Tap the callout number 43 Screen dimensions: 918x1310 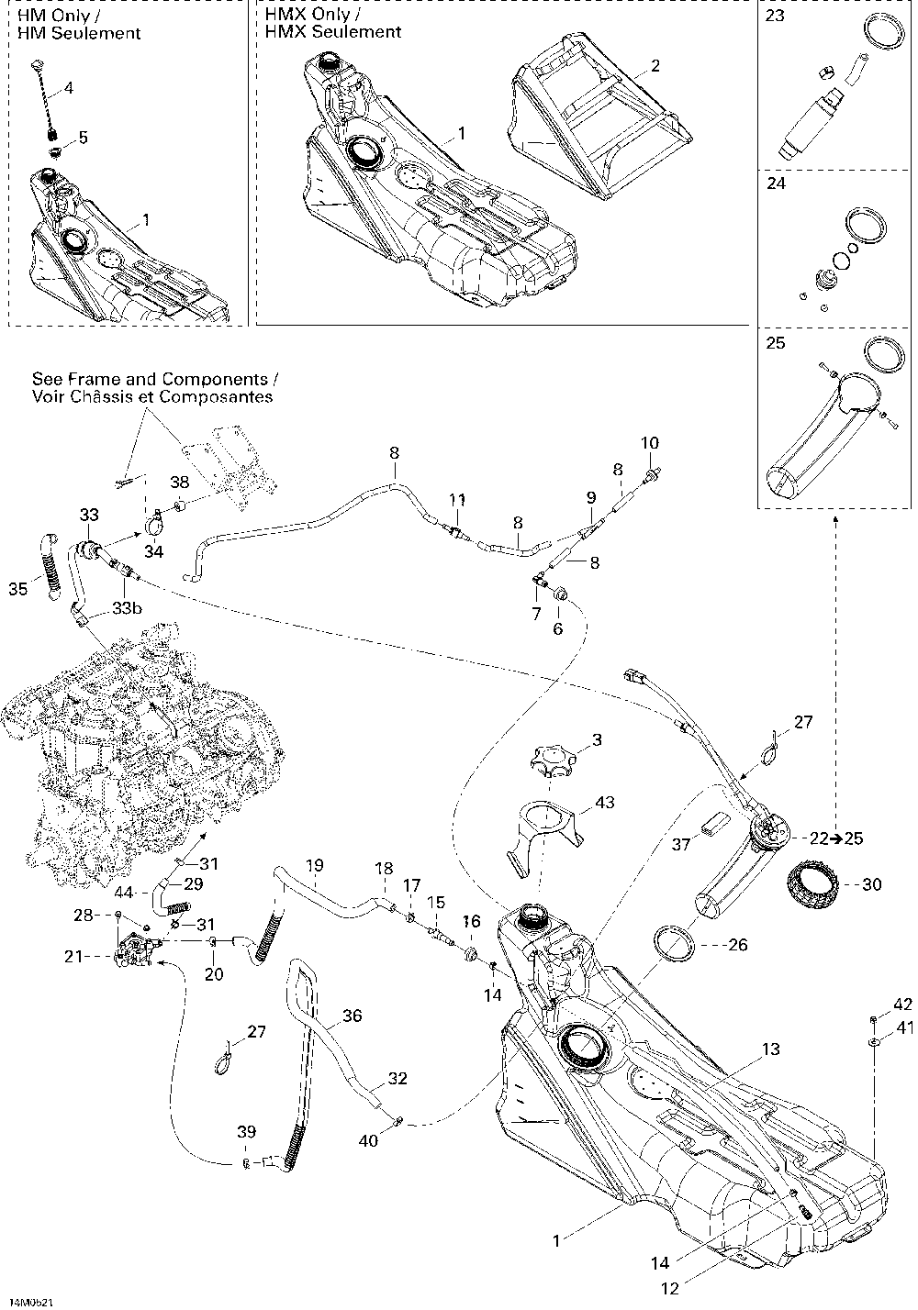pos(604,802)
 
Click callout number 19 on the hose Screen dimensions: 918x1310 pos(315,865)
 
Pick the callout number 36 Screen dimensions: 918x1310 pos(353,1016)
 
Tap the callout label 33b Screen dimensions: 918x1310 pos(128,608)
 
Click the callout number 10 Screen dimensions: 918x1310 pos(650,443)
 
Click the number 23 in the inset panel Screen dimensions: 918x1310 pos(775,16)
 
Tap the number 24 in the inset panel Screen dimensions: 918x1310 pos(776,183)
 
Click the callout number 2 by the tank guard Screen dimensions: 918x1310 pos(655,65)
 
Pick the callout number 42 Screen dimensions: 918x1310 pos(903,1005)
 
